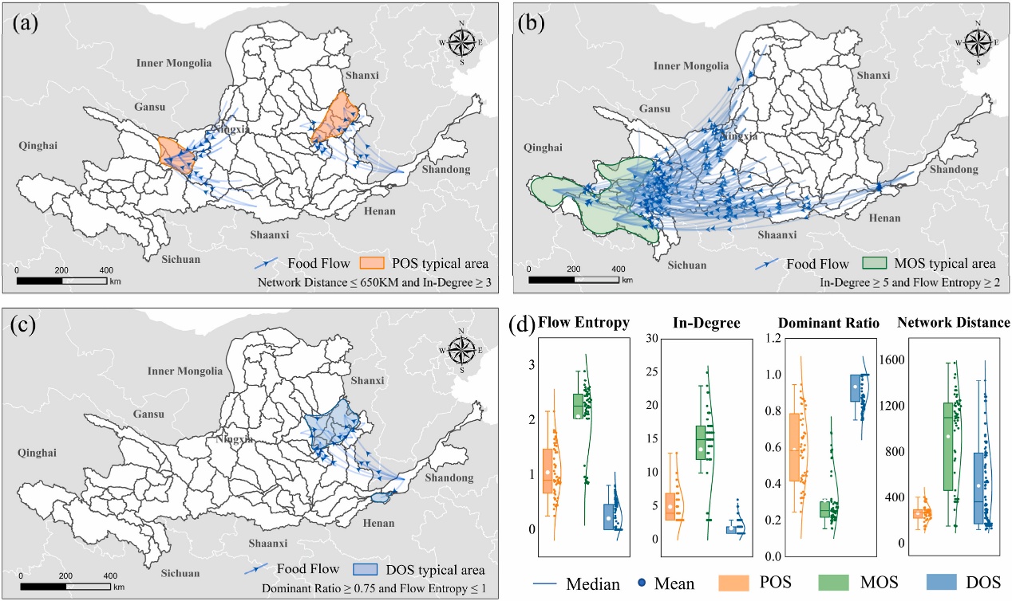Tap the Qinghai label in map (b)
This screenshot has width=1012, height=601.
[544, 147]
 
